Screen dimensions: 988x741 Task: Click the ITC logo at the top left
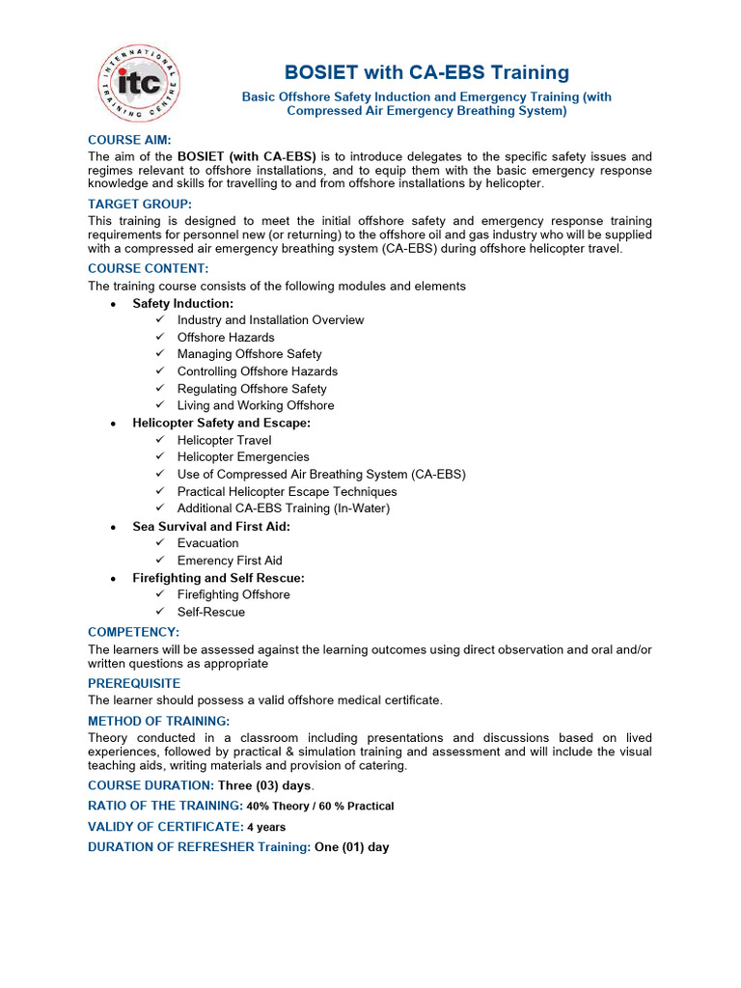pos(137,83)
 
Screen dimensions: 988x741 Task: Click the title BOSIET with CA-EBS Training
pos(426,72)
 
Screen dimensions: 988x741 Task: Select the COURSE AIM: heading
pos(129,140)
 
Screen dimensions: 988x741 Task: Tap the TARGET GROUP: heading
pos(140,204)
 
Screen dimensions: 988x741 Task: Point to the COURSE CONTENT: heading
pos(148,268)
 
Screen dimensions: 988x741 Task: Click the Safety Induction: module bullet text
pos(182,303)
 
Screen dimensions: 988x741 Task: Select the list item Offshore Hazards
pos(226,337)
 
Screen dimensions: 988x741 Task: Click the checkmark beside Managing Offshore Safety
pos(160,354)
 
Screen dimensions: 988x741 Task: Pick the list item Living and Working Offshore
pos(256,405)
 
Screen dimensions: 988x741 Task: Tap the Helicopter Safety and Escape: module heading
pos(221,423)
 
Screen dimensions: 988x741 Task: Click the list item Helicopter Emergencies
pos(243,456)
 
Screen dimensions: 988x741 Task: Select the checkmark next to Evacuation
pos(160,543)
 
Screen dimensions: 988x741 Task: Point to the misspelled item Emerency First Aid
pos(230,561)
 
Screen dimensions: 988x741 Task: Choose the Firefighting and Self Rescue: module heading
pos(218,578)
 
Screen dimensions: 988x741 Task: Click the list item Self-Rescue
pos(211,612)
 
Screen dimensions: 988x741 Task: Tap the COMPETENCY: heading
pos(133,631)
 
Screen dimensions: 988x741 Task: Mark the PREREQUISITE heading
pos(134,683)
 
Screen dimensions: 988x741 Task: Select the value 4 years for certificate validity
pos(266,827)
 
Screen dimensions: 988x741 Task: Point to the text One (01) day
pos(352,847)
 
